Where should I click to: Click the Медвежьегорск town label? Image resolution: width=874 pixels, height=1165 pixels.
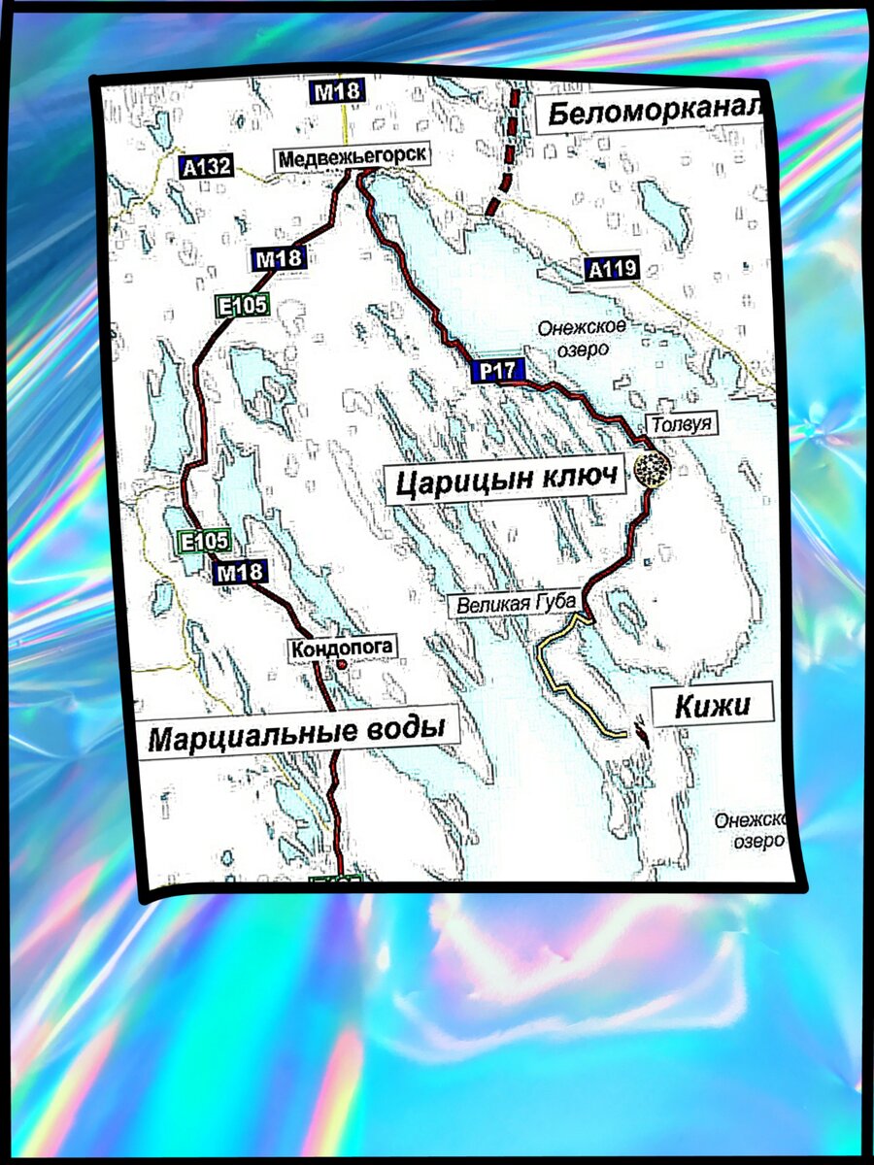(x=351, y=158)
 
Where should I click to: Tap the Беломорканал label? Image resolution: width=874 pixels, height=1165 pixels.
(x=647, y=114)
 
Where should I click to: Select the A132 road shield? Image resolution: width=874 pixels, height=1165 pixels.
(x=206, y=167)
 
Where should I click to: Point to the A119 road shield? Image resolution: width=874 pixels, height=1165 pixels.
(x=612, y=271)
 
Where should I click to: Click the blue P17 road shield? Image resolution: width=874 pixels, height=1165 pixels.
(x=496, y=370)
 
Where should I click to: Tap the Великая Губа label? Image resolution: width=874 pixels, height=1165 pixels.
(x=518, y=604)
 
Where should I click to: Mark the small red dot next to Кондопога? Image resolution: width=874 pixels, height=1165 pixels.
(x=342, y=665)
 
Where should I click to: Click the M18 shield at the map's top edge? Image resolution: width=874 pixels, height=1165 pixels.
(x=337, y=93)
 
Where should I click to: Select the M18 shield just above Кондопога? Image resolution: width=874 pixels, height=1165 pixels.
(x=240, y=573)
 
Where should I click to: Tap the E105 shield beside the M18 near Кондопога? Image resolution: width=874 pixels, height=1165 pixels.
(x=204, y=542)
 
